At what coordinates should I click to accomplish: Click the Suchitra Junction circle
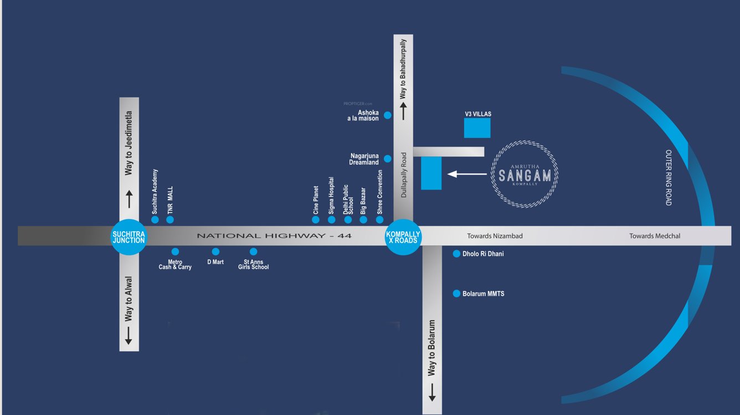point(129,237)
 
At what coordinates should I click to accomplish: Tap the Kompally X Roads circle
point(403,237)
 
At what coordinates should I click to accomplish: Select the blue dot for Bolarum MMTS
point(456,294)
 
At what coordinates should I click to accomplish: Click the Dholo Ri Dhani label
point(483,254)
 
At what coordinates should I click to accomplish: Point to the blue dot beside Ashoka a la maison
point(388,115)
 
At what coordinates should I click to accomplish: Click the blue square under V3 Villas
point(477,128)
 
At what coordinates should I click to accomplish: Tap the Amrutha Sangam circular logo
point(525,175)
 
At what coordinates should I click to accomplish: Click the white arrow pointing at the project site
point(467,174)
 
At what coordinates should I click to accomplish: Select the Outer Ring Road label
point(669,177)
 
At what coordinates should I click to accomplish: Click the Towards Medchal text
point(655,236)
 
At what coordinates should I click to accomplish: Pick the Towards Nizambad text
point(495,236)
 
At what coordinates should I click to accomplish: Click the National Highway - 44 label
point(274,236)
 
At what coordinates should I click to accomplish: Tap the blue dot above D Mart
point(215,252)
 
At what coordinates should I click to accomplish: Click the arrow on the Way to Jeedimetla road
point(129,199)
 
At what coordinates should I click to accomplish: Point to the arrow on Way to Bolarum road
point(432,392)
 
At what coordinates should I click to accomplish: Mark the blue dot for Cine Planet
point(316,220)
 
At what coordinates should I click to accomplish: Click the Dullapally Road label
point(404,175)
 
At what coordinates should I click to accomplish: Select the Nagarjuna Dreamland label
point(364,159)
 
